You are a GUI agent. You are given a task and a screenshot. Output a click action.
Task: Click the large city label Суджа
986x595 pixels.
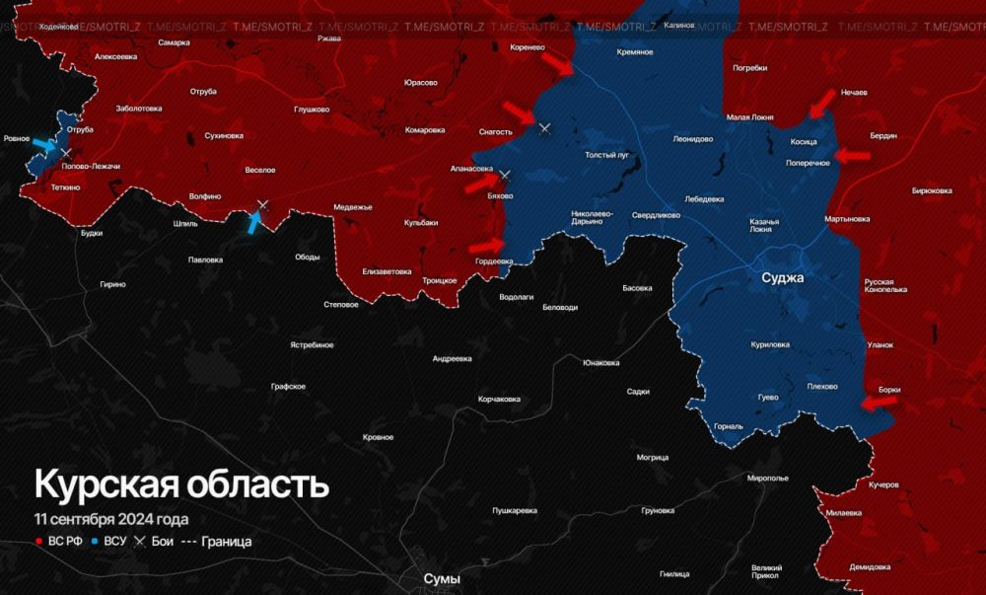click(x=783, y=278)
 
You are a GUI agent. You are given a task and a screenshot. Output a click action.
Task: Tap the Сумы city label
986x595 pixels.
click(x=441, y=579)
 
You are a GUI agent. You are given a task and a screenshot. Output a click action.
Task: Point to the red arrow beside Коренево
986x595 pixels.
click(x=557, y=64)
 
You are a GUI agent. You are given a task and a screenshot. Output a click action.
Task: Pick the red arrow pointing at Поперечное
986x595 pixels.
click(x=853, y=155)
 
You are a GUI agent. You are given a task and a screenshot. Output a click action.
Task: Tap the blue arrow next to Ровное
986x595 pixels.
click(x=44, y=145)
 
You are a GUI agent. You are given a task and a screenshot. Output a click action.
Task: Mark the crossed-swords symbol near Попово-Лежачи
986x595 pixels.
click(x=67, y=153)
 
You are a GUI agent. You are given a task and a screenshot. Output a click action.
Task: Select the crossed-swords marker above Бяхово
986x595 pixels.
click(x=504, y=176)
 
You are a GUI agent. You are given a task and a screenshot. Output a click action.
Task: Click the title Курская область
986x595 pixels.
click(x=181, y=485)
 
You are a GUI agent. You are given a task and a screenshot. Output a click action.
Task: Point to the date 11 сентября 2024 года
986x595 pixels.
click(x=110, y=519)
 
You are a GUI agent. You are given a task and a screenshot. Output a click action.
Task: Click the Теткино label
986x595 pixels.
click(x=59, y=186)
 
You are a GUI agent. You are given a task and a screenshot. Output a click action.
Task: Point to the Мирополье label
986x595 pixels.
click(x=768, y=478)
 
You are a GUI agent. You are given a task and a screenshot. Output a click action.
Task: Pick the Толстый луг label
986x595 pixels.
click(x=607, y=156)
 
